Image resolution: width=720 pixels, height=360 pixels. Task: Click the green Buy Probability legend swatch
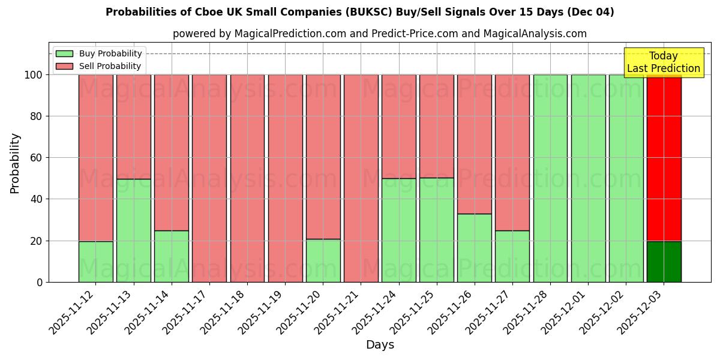coord(64,54)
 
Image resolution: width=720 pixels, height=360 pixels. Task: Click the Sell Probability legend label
coord(110,66)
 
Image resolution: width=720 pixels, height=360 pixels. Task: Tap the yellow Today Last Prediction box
coord(663,62)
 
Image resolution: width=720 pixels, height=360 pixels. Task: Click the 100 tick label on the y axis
coord(33,75)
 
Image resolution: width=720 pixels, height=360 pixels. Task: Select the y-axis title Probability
coord(15,163)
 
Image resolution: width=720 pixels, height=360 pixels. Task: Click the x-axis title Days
coord(380,345)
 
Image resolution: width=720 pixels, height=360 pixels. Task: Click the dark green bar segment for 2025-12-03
coord(664,262)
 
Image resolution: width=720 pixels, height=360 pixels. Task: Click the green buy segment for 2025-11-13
coord(133,230)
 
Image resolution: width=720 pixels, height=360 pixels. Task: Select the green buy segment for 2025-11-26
coord(474,248)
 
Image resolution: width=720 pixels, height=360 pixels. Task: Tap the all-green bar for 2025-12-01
coord(588,178)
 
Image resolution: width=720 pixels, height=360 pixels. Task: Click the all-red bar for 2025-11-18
coord(247,178)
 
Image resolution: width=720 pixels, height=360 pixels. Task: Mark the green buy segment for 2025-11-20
coord(323,260)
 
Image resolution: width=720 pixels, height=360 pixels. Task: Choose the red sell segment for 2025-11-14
coord(171,152)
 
